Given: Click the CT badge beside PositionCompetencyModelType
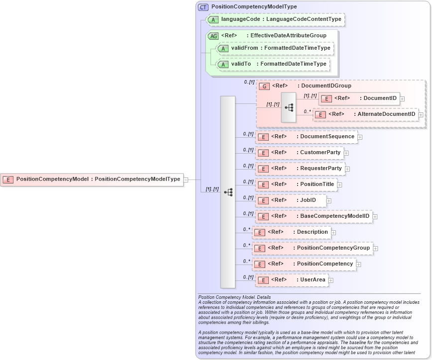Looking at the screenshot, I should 203,7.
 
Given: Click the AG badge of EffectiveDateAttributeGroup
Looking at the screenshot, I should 213,36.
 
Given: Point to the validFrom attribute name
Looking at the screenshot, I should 244,48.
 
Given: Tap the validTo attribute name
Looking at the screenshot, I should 241,64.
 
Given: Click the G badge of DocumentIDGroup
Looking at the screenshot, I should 265,86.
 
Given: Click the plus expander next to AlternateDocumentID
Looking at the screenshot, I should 421,115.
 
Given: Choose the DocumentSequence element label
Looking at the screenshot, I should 327,137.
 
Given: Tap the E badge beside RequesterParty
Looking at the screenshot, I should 263,169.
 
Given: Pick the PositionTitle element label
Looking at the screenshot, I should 317,184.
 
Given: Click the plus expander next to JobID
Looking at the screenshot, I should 328,201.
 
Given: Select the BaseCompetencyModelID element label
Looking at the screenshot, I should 334,216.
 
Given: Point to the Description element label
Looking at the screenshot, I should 312,232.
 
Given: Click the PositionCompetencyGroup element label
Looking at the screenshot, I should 333,248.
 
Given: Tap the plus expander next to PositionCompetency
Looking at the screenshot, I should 358,264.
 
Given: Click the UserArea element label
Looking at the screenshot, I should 312,280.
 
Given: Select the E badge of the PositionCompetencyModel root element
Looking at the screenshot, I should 8,180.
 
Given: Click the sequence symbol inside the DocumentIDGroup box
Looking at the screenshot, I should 289,107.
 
